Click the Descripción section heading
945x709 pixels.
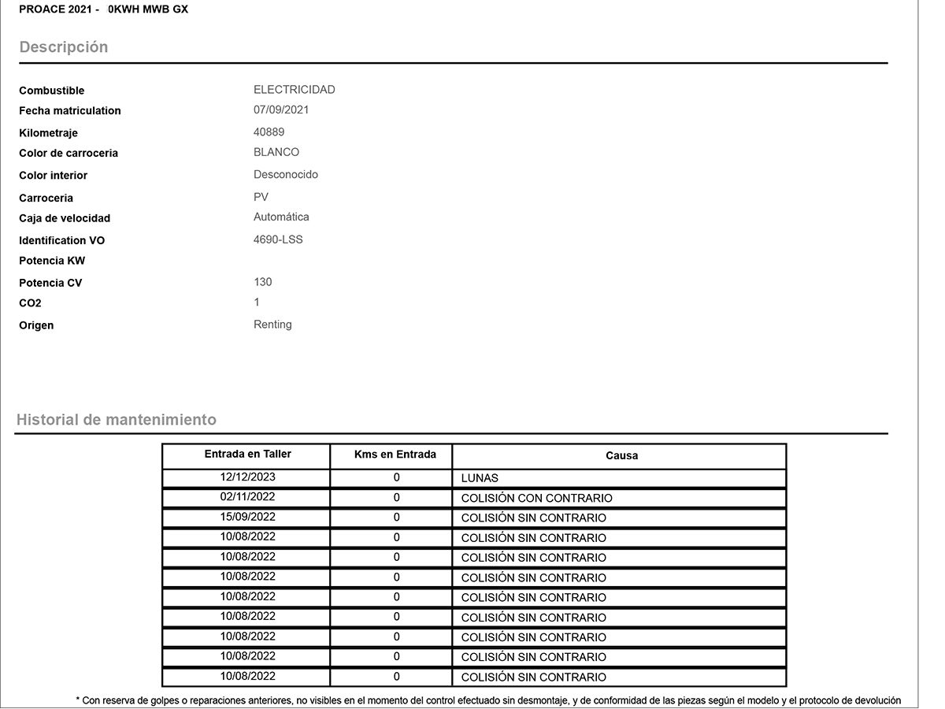[64, 47]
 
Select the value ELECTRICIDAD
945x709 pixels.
[294, 90]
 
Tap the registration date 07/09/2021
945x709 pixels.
[281, 110]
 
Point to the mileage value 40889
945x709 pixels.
[269, 132]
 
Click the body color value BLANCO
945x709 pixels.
[276, 152]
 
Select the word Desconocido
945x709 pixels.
[286, 175]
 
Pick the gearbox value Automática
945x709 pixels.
[281, 217]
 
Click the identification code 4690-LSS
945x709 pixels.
[278, 239]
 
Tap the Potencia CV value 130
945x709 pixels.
[263, 282]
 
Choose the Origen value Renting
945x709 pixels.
[272, 325]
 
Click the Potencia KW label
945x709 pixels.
[52, 261]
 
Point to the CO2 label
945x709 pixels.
[30, 303]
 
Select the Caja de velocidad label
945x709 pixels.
[65, 218]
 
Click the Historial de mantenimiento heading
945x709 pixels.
[116, 420]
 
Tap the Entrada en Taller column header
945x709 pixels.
[247, 455]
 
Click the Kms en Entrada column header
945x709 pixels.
[395, 455]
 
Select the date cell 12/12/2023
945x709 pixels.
[247, 477]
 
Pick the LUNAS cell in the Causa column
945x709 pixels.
[480, 478]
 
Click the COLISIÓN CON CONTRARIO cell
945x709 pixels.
[536, 498]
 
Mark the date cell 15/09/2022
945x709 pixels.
[247, 518]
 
